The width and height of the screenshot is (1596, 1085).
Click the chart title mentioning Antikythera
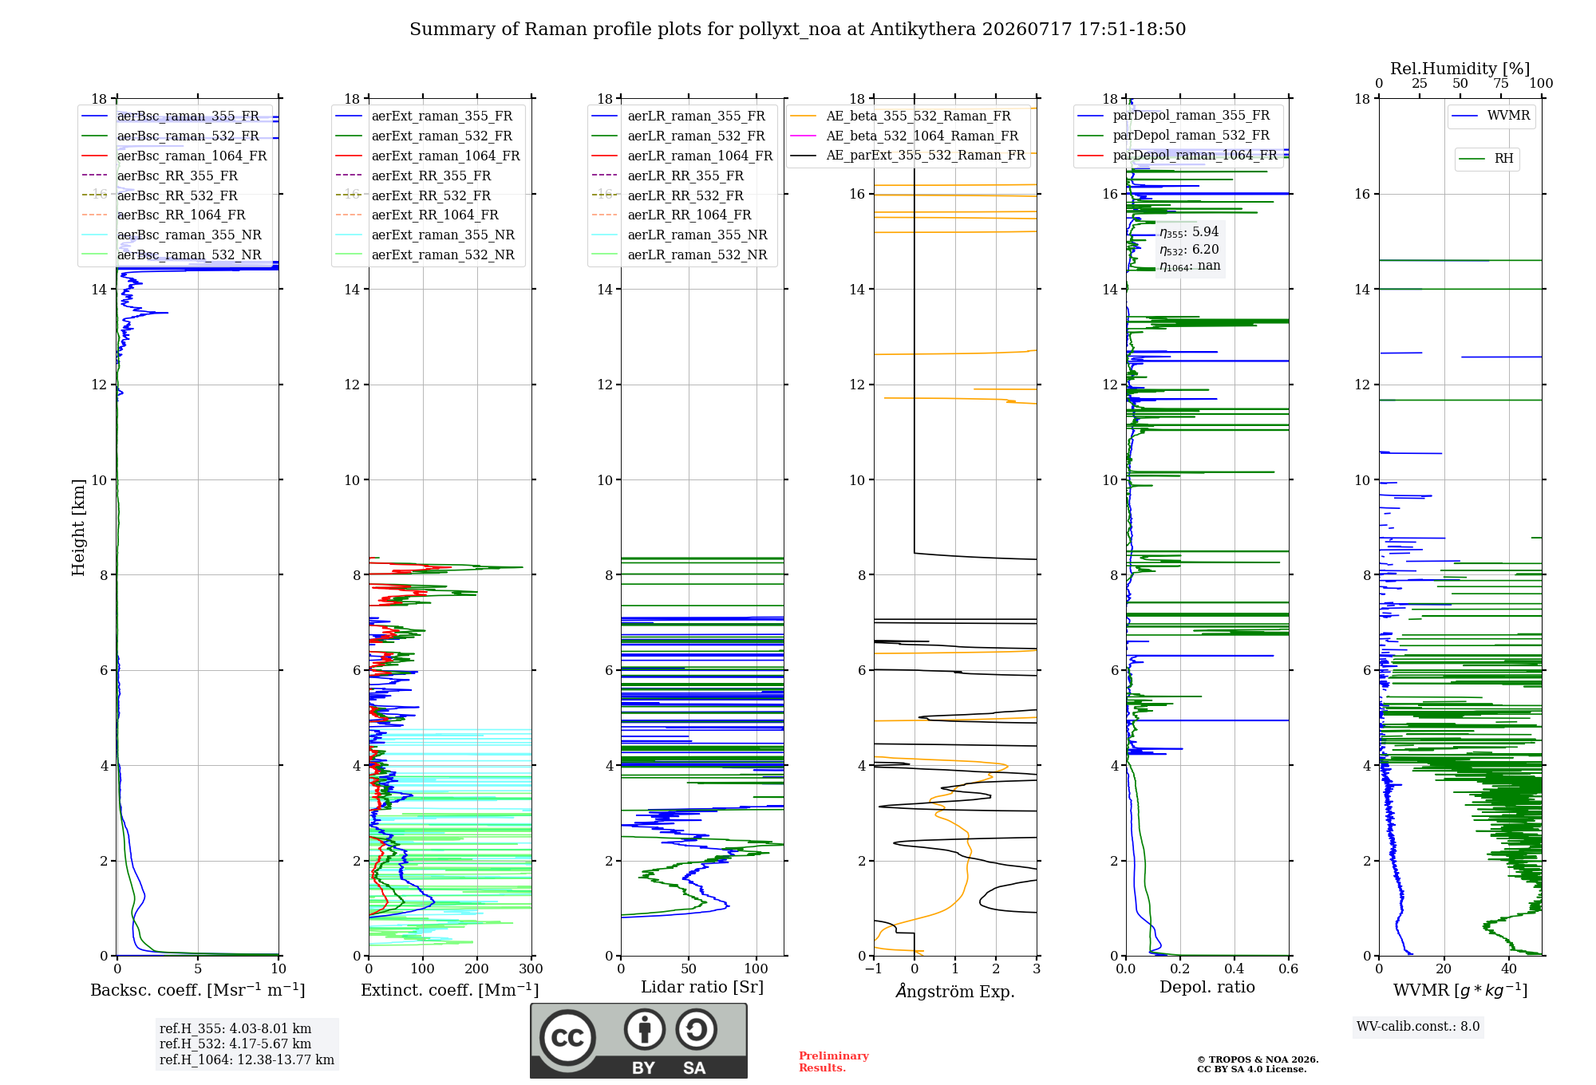click(x=797, y=30)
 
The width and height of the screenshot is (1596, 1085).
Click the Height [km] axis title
click(x=78, y=527)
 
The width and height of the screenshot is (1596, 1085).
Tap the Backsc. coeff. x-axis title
click(x=198, y=990)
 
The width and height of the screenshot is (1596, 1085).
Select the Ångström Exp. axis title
click(x=955, y=991)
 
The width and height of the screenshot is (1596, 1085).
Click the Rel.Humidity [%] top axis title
click(x=1460, y=69)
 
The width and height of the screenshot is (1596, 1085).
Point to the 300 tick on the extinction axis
click(x=531, y=969)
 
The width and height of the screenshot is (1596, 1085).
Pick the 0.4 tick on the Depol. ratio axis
click(x=1235, y=969)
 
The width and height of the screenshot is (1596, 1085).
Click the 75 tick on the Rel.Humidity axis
click(x=1501, y=84)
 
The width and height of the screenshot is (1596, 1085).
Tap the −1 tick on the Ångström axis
click(x=874, y=969)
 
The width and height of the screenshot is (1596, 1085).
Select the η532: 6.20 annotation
click(x=1189, y=250)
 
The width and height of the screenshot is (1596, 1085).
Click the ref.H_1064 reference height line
click(x=247, y=1060)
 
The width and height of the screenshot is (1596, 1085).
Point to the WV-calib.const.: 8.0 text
click(x=1418, y=1027)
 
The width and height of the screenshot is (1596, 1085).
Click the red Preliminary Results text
click(x=834, y=1062)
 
